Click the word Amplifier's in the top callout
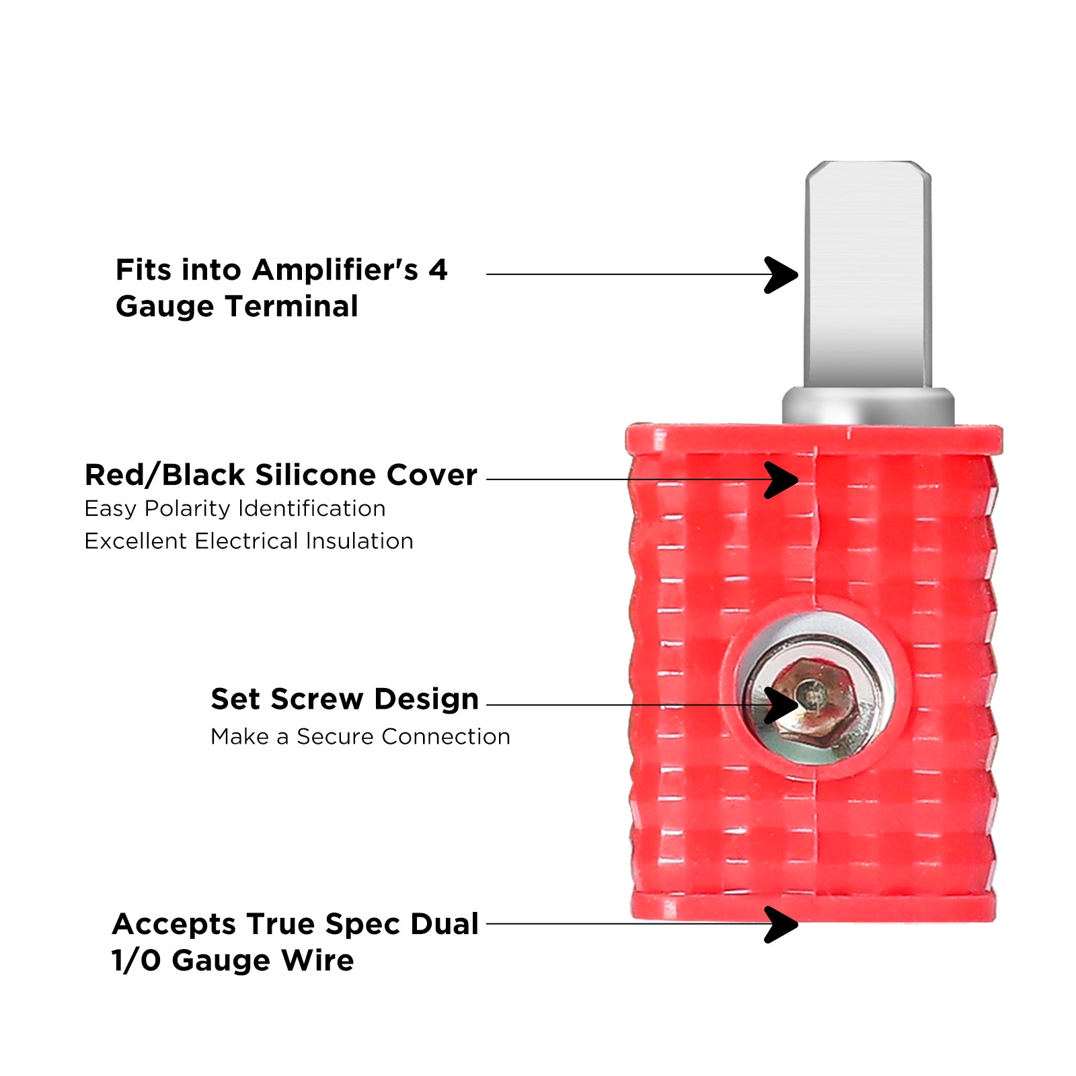335,270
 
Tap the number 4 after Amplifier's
438,270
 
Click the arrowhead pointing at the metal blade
781,274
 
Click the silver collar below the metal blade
868,406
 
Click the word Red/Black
165,475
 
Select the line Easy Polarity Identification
235,509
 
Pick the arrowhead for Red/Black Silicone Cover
781,479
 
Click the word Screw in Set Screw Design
317,699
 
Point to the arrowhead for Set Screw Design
781,705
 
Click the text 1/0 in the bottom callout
137,960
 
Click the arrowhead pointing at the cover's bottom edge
781,924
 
